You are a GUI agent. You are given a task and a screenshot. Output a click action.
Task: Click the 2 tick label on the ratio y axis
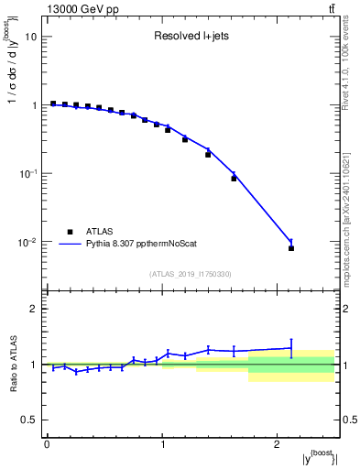pos(34,309)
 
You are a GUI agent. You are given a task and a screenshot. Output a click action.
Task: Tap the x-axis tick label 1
pos(162,443)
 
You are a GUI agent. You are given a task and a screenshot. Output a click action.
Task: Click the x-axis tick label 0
pos(47,443)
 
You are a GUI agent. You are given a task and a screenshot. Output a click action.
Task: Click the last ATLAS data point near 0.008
pos(291,248)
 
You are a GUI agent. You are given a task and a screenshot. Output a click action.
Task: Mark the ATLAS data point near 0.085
pos(234,178)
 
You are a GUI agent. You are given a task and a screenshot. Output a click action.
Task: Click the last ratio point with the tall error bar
pos(291,348)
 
